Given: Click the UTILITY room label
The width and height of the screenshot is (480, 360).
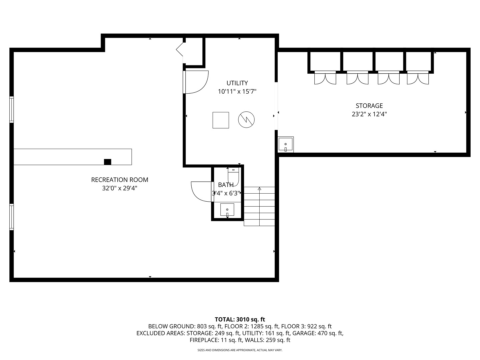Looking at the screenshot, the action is click(237, 83).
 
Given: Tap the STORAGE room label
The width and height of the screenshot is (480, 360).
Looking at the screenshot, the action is click(369, 106).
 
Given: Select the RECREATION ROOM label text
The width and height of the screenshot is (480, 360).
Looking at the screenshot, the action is click(120, 180).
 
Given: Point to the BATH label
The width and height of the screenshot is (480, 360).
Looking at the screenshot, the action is click(226, 185).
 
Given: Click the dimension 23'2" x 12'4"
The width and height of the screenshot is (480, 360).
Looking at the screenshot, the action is click(369, 114).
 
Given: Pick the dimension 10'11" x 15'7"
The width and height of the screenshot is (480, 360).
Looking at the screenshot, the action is click(237, 91).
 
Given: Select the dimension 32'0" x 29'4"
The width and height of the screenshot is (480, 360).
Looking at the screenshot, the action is click(120, 188).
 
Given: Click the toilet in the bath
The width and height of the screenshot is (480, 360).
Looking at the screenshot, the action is click(234, 177).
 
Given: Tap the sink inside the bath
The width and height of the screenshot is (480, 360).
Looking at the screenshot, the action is click(227, 210).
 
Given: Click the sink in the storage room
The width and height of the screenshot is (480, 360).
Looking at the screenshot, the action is click(286, 144).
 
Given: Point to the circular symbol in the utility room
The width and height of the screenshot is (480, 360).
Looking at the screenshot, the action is click(246, 120).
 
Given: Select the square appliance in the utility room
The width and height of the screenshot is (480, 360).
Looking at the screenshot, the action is click(221, 120).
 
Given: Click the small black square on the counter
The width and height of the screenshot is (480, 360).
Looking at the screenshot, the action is click(107, 162).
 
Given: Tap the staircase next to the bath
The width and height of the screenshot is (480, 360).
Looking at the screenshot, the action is click(259, 206).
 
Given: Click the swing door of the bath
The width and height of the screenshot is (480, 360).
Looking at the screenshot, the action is click(202, 192).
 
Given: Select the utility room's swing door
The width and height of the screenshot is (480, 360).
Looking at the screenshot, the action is click(196, 82).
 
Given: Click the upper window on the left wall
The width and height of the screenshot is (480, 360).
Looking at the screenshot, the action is click(11, 110).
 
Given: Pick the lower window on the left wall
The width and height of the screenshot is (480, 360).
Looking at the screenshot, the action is click(11, 217).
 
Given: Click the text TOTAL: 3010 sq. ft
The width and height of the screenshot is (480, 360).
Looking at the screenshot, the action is click(240, 319).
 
